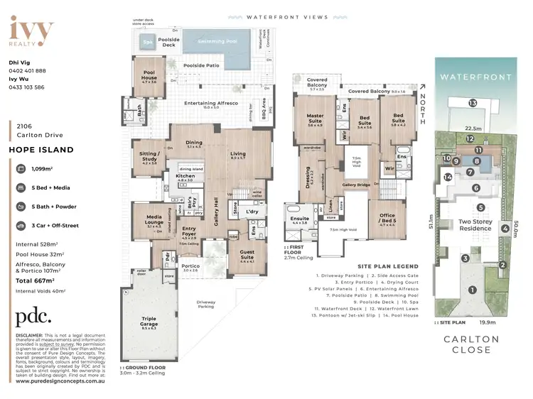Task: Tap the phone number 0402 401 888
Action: click(28, 71)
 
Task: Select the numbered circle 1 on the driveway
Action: click(472, 289)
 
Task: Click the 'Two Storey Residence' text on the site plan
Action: click(475, 225)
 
